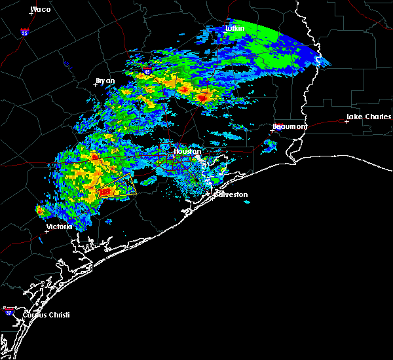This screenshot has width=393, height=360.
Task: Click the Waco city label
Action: [41, 9]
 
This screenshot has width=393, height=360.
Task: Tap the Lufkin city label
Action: [234, 28]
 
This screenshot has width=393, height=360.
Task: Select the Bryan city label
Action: [105, 81]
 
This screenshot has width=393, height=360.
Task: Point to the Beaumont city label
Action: [290, 126]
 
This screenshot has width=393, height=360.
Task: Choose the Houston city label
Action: [185, 151]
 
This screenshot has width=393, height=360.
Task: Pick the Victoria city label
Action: [63, 226]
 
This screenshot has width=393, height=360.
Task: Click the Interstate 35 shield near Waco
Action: [24, 31]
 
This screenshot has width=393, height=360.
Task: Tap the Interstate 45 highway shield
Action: [147, 67]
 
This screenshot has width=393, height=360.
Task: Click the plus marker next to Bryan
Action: [95, 84]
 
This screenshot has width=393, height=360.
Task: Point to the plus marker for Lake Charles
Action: [347, 121]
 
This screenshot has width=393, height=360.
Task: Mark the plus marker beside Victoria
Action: [47, 230]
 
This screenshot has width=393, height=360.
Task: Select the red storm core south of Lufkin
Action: [203, 97]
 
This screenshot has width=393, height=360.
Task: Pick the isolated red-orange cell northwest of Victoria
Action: [40, 210]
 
